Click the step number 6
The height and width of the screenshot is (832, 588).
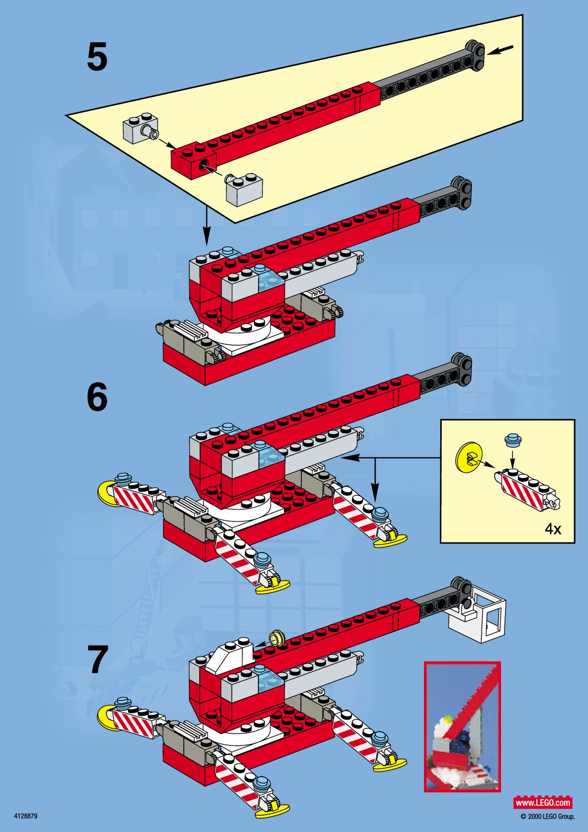click(x=97, y=397)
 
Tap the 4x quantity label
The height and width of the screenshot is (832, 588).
click(x=553, y=529)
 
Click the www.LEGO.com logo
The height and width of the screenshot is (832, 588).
click(x=543, y=802)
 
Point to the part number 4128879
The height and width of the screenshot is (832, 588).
click(x=26, y=816)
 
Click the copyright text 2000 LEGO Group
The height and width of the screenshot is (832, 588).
click(x=548, y=817)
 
